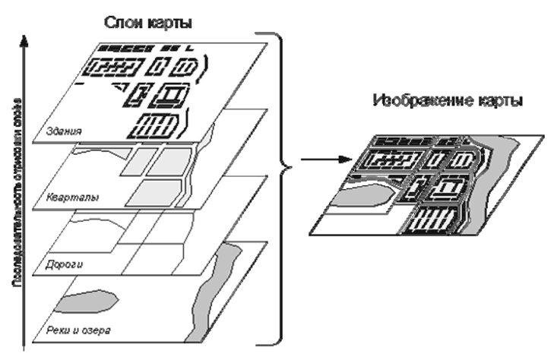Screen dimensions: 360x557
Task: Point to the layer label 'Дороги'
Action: pos(65,265)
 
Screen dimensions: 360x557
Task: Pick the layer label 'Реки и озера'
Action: pos(79,331)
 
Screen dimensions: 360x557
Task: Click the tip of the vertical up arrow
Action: pos(26,32)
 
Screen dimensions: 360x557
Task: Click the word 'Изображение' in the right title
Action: pos(426,101)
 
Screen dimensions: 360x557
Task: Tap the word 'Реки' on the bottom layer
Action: pos(59,331)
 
